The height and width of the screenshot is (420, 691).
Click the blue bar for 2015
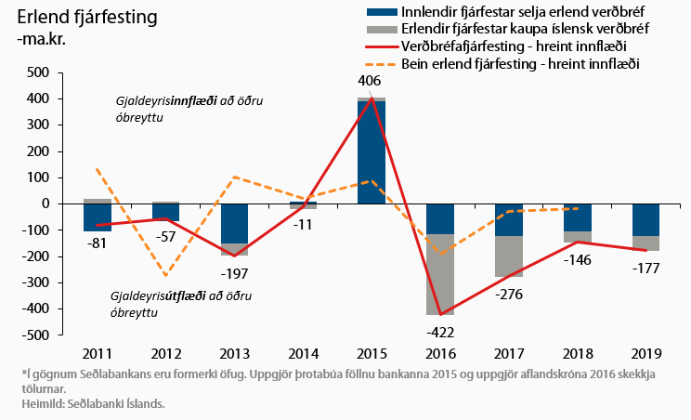click(x=372, y=153)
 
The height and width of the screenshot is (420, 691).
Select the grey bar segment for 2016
click(x=440, y=274)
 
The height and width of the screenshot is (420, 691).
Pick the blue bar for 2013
click(x=234, y=223)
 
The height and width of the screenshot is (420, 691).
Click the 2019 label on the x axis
click(x=646, y=354)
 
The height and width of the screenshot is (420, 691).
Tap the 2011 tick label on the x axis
click(x=97, y=354)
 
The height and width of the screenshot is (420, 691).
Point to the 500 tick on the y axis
click(x=36, y=72)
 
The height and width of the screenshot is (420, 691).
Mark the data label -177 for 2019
click(x=646, y=269)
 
